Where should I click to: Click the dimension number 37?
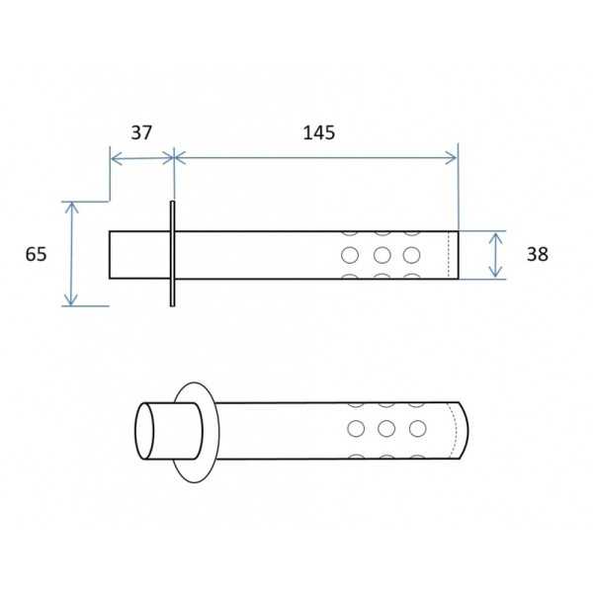(141, 132)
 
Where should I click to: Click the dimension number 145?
(319, 132)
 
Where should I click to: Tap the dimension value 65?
(36, 254)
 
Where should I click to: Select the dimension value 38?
(538, 254)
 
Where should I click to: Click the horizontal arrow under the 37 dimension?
(141, 158)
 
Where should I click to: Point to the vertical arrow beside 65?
(71, 254)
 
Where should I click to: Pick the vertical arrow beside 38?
(495, 255)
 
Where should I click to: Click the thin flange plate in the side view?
(172, 253)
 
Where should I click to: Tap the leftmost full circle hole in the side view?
(350, 255)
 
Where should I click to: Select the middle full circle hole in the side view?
(381, 255)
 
